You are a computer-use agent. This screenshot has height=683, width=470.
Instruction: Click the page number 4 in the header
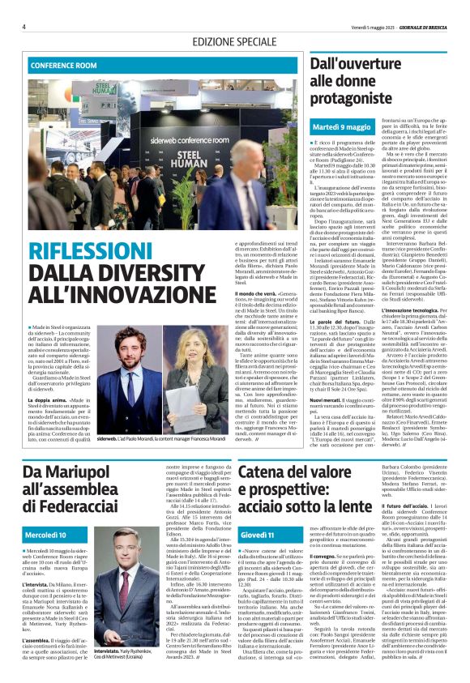click(23, 26)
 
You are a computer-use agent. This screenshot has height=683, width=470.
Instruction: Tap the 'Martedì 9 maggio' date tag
click(341, 127)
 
